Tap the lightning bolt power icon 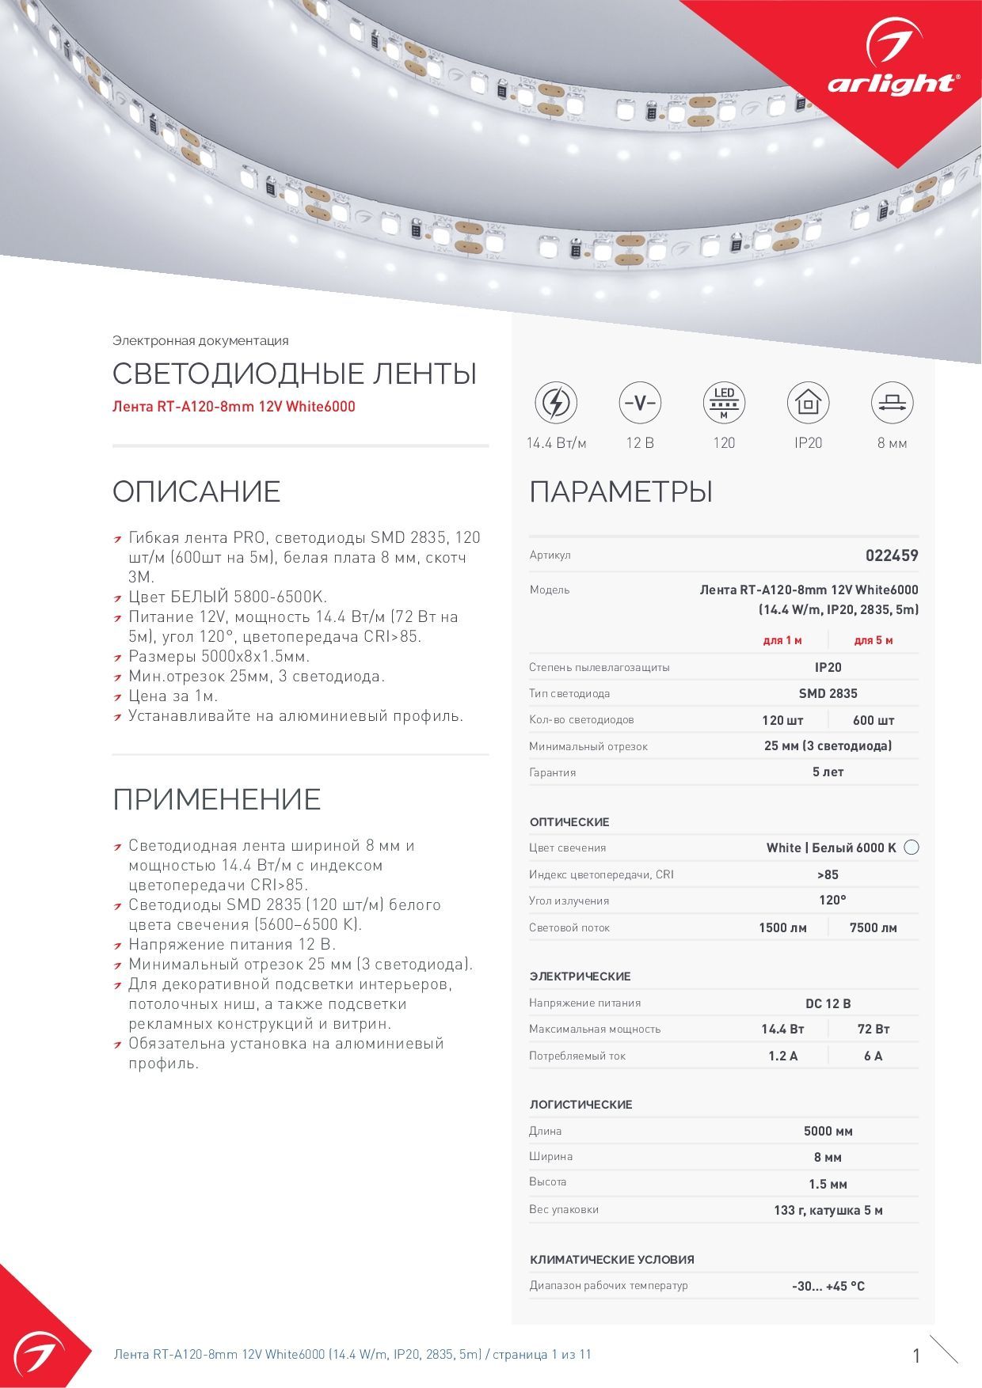pyautogui.click(x=556, y=403)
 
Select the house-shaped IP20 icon pyautogui.click(x=808, y=403)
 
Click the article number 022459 pyautogui.click(x=892, y=556)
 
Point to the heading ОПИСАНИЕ pyautogui.click(x=196, y=491)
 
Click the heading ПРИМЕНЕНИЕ pyautogui.click(x=216, y=799)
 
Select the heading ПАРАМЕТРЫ pyautogui.click(x=621, y=491)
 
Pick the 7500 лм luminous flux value pyautogui.click(x=873, y=927)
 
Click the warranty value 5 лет pyautogui.click(x=828, y=772)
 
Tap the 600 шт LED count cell pyautogui.click(x=873, y=720)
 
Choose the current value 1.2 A pyautogui.click(x=782, y=1056)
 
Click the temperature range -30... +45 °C pyautogui.click(x=828, y=1286)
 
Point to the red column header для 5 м pyautogui.click(x=873, y=640)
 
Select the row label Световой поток pyautogui.click(x=569, y=927)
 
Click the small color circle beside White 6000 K pyautogui.click(x=912, y=848)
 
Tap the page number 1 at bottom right pyautogui.click(x=916, y=1356)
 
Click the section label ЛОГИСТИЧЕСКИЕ pyautogui.click(x=580, y=1104)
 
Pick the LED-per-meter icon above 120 pyautogui.click(x=724, y=403)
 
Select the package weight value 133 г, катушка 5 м pyautogui.click(x=828, y=1210)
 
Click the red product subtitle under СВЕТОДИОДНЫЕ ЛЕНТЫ pyautogui.click(x=234, y=407)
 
